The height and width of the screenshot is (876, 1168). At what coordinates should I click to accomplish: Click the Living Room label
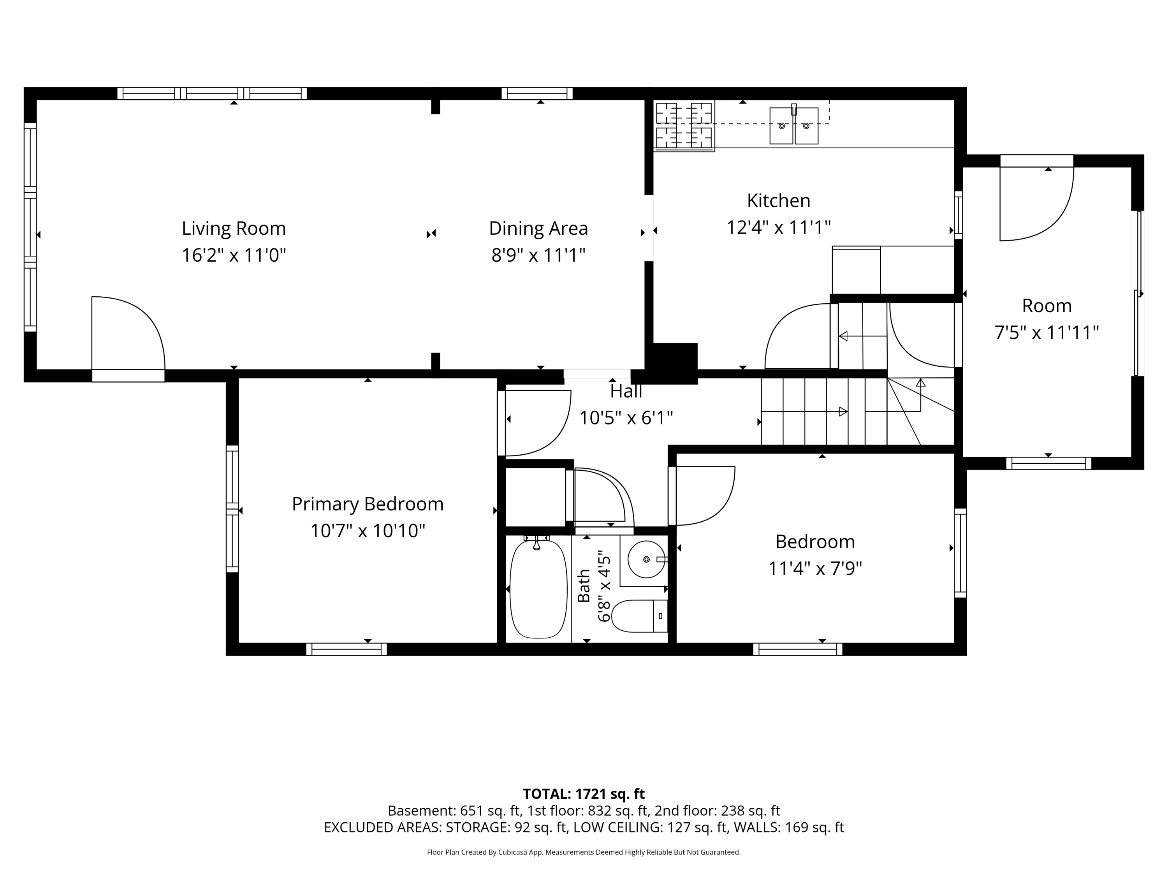[234, 229]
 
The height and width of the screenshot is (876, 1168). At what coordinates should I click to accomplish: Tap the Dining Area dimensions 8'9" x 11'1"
[538, 255]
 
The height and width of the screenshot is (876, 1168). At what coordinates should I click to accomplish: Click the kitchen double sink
[793, 126]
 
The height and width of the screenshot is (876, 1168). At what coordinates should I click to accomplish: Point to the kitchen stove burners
[684, 126]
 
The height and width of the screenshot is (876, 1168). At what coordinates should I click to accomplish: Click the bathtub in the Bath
[538, 589]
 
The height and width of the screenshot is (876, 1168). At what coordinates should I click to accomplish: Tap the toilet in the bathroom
[639, 616]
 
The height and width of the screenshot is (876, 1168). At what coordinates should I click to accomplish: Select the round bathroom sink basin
[646, 559]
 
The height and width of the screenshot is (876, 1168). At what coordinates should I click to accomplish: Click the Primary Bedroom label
[368, 504]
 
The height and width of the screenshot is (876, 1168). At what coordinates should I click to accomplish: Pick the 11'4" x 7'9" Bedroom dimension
[815, 569]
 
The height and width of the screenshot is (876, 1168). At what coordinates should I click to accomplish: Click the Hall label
[626, 391]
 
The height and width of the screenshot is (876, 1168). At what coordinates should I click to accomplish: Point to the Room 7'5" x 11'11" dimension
[1047, 332]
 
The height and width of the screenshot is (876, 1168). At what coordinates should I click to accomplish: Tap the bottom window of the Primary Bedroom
[347, 649]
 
